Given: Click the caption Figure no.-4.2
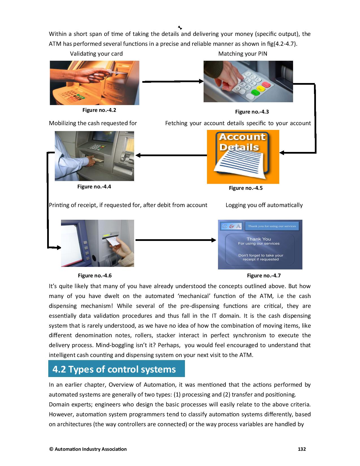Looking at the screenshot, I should coord(99,110).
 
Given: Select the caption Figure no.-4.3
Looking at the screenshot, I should coord(252,112).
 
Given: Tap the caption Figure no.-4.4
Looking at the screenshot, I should coord(94,187).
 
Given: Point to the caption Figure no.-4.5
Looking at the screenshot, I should coord(246,188).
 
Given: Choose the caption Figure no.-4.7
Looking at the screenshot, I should coord(264,276).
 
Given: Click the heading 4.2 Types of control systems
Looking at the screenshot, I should coord(114,369).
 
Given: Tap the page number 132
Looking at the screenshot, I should coord(302,449).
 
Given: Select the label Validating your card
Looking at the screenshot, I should coord(96,54).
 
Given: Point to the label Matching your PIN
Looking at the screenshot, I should coord(243,54).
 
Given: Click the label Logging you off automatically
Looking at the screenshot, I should coord(264,205).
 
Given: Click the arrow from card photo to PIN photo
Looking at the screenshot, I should coord(172,82).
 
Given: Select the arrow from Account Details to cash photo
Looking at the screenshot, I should coord(171,155).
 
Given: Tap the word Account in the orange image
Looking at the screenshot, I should coord(242,137).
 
